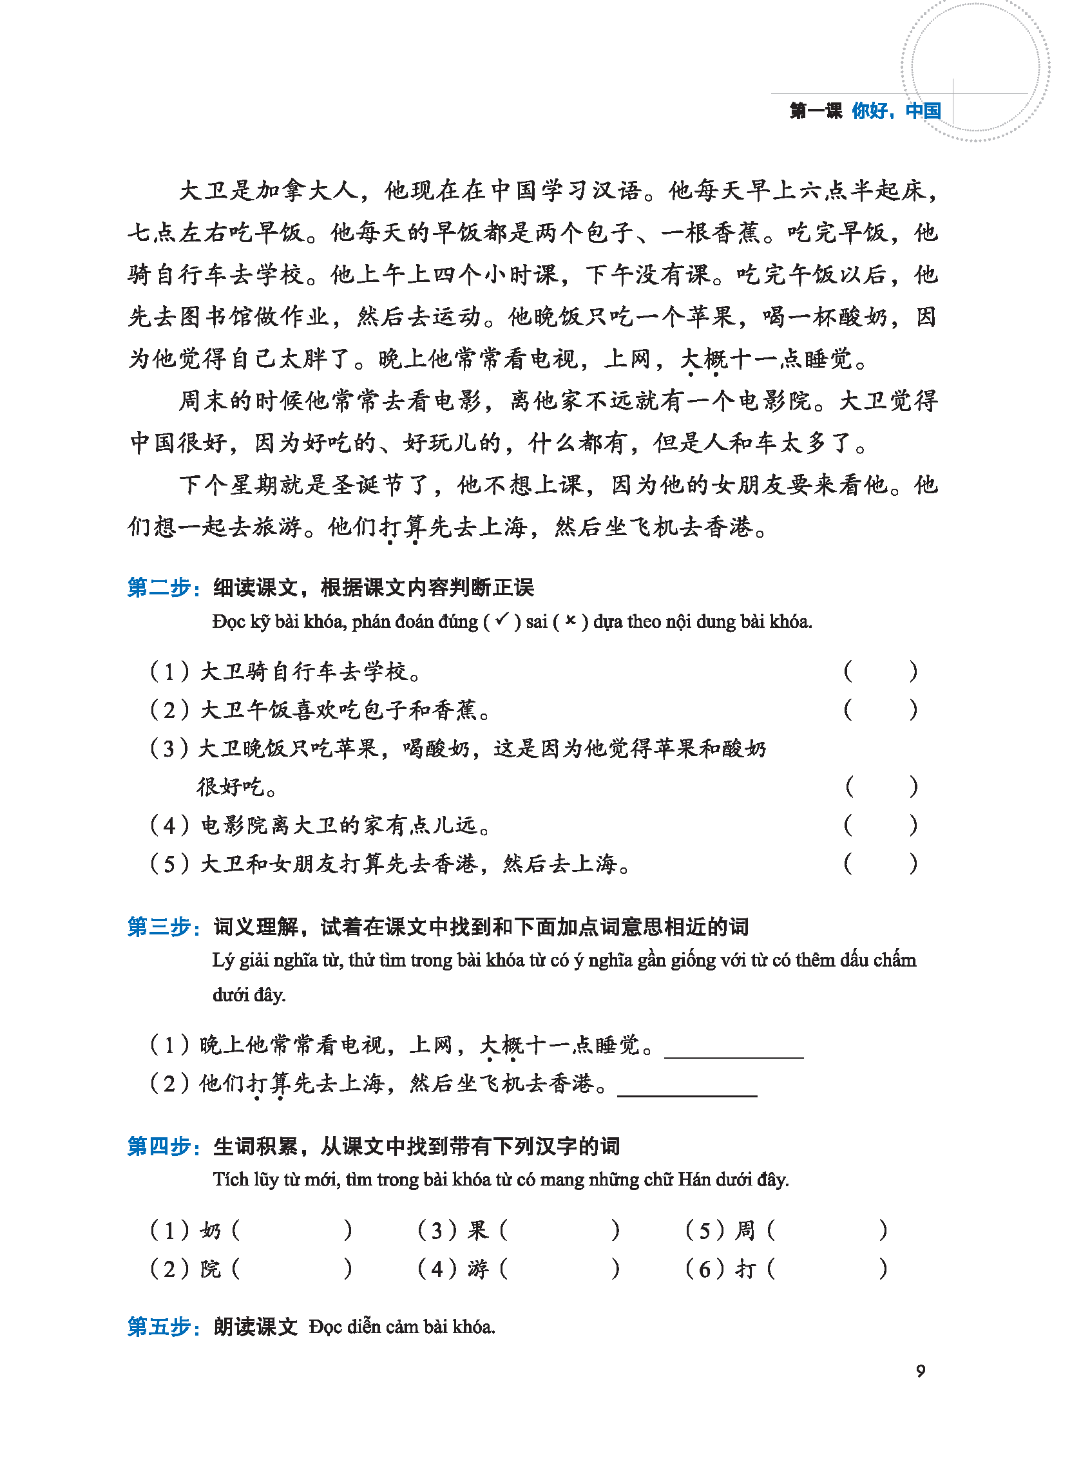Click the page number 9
tap(920, 1371)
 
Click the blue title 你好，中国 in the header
tap(896, 111)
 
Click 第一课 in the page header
tap(816, 111)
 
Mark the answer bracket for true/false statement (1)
tap(880, 671)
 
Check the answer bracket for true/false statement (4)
tap(880, 826)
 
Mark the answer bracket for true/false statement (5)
tap(880, 864)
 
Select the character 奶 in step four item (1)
tap(211, 1231)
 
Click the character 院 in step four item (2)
tap(211, 1269)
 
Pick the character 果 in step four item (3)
tap(479, 1231)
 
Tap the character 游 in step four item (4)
tap(479, 1269)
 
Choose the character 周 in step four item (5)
tap(745, 1231)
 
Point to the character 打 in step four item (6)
tap(745, 1269)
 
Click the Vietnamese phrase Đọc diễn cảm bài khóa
tap(402, 1327)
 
